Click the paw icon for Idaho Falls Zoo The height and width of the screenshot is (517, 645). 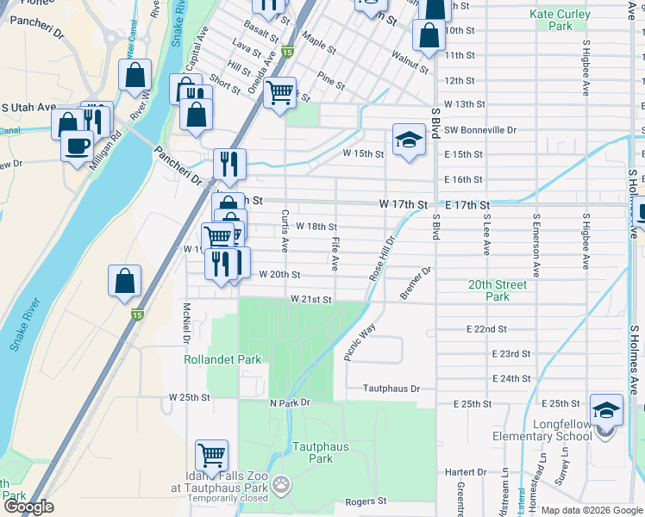point(282,488)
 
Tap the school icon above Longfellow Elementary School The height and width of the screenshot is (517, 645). point(606,409)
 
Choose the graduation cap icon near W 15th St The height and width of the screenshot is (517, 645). point(409,140)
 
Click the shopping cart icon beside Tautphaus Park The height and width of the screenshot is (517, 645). point(211,454)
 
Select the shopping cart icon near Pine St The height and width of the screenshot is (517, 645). point(279,92)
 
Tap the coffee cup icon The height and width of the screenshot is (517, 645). point(78,144)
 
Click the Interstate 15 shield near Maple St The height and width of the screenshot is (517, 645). point(287,53)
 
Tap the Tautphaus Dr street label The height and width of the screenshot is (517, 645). point(391,389)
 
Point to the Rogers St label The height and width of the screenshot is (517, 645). point(364,501)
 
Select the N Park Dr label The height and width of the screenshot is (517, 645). point(289,403)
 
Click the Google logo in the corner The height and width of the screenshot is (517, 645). point(28,508)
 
